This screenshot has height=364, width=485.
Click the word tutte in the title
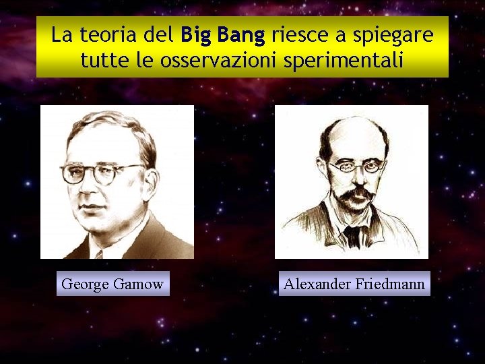(100, 61)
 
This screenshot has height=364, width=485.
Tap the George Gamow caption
(112, 284)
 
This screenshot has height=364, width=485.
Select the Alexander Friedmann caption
(354, 284)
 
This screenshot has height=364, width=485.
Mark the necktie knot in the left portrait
(99, 254)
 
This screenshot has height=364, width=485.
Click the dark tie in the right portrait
(352, 236)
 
